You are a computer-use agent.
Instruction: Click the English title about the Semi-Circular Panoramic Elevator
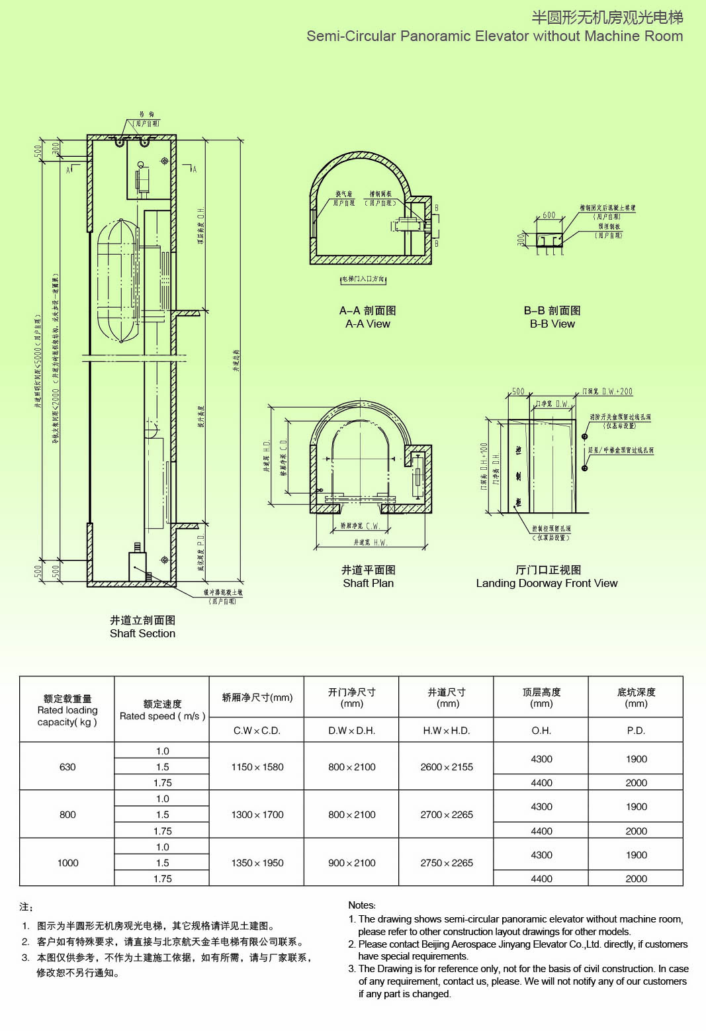pos(494,36)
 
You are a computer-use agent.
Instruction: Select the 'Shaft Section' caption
pos(142,633)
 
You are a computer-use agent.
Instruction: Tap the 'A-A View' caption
pos(367,324)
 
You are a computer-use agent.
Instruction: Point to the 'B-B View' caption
pos(552,324)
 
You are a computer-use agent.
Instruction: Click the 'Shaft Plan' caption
pos(368,583)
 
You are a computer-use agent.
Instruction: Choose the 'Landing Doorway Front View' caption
pos(547,583)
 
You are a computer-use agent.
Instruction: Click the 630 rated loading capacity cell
pos(67,767)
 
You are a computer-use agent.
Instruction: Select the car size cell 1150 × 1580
pos(257,767)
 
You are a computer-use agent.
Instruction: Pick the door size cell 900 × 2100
pos(352,863)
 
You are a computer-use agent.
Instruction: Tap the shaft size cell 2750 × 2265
pos(447,863)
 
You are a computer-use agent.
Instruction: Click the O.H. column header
pos(541,731)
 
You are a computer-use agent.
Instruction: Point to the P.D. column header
pos(636,731)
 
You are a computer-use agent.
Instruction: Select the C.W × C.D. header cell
pos(257,731)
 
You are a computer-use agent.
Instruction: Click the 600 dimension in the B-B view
pos(549,215)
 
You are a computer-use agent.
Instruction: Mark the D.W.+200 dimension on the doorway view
pos(617,392)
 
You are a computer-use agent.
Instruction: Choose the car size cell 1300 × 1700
pos(257,815)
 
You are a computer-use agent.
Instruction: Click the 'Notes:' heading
pos(362,905)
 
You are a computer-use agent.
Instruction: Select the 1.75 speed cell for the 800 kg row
pos(162,831)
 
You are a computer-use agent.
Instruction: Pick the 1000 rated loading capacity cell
pos(67,863)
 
